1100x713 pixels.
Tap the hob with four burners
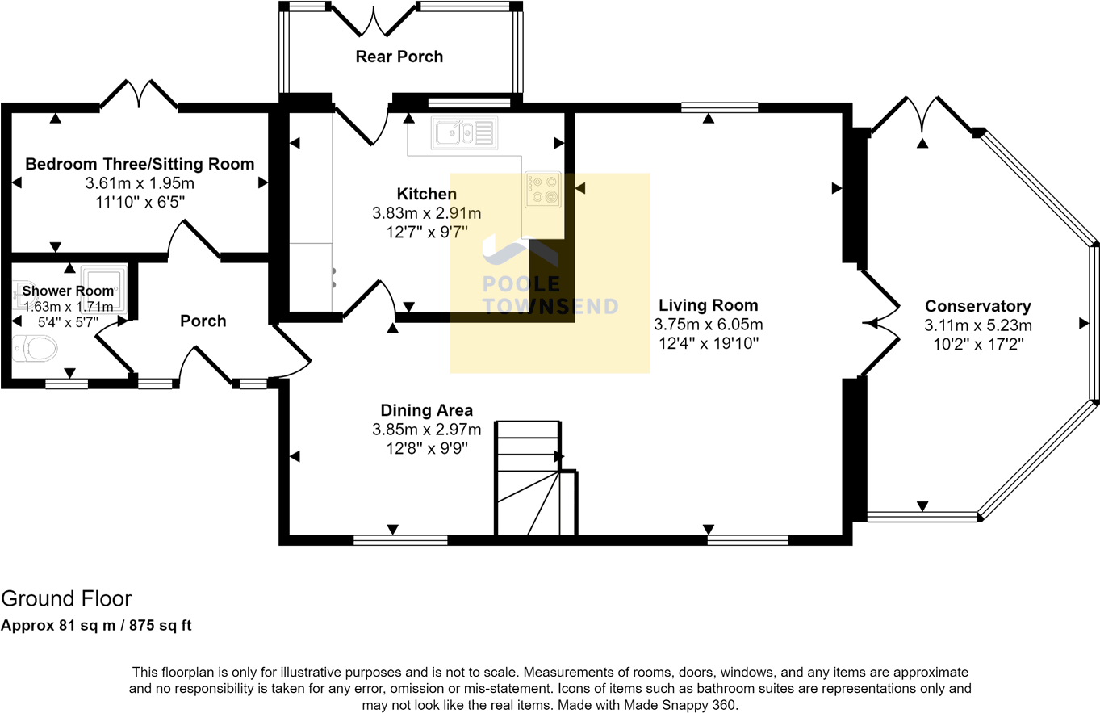542,189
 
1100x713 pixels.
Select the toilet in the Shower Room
37,349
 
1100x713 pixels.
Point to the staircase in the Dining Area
529,478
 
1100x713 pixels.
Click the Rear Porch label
399,57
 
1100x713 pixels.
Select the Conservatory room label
977,306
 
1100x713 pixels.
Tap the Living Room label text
708,305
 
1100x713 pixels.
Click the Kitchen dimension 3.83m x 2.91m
426,213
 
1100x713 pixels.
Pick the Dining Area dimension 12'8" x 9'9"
426,447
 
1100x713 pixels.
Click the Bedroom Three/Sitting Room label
140,164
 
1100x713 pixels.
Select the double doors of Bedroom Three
138,94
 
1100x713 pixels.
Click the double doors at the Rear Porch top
374,20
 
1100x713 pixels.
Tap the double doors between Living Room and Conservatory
881,323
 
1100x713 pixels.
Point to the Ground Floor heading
66,598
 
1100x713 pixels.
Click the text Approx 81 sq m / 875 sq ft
96,626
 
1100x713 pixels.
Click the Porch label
203,321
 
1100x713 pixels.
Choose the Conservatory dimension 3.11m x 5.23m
977,325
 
